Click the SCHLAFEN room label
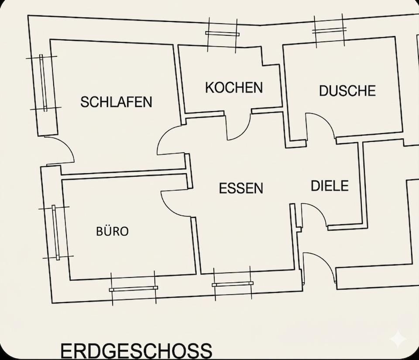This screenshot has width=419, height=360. [116, 102]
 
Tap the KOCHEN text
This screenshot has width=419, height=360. [234, 88]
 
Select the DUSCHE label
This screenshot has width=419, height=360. [347, 91]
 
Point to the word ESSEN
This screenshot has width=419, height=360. [241, 189]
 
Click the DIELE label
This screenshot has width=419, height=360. [330, 186]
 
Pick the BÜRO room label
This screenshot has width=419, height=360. [113, 231]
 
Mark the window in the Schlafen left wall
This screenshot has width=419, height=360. [43, 82]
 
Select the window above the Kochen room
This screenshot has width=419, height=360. [222, 34]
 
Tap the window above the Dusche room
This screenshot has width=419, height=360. [329, 30]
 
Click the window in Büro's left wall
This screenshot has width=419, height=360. [55, 233]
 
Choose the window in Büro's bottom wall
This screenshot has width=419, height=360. [134, 288]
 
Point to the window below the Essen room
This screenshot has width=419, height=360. [233, 284]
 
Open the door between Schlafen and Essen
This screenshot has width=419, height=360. [170, 142]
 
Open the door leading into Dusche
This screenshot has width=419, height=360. [319, 126]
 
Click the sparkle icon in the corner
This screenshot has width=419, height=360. [398, 339]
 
